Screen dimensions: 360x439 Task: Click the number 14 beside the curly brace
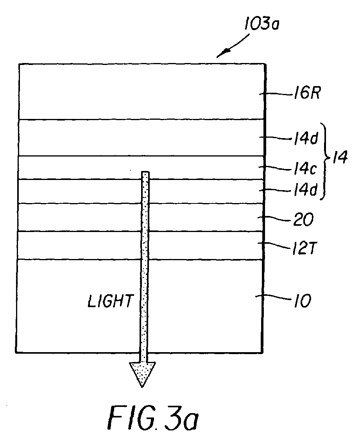pyautogui.click(x=339, y=160)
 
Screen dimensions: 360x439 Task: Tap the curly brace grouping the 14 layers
pyautogui.click(x=325, y=164)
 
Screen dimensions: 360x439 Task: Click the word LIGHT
pyautogui.click(x=110, y=302)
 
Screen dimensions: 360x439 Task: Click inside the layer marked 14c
pyautogui.click(x=78, y=167)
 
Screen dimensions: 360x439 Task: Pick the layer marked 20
pyautogui.click(x=78, y=217)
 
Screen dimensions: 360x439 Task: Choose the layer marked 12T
pyautogui.click(x=78, y=245)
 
